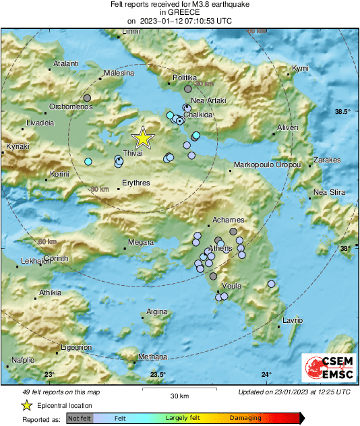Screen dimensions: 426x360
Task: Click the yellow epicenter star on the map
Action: (x=142, y=138)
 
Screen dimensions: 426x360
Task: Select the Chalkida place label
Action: (x=199, y=115)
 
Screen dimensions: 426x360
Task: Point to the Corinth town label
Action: (x=59, y=259)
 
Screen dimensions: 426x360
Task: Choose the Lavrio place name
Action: (x=293, y=320)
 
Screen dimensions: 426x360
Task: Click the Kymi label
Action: (x=300, y=68)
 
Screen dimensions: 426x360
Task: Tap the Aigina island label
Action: (x=156, y=312)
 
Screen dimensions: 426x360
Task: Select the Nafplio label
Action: (x=22, y=361)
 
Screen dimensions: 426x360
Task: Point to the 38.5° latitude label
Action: (x=343, y=112)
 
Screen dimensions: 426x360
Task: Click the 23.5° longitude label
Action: (x=157, y=375)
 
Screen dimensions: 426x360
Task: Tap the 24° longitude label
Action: (x=266, y=375)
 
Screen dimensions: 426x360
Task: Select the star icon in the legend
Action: (x=26, y=405)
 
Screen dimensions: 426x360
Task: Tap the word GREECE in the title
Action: (x=179, y=12)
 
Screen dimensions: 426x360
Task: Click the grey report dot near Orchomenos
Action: (x=87, y=98)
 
